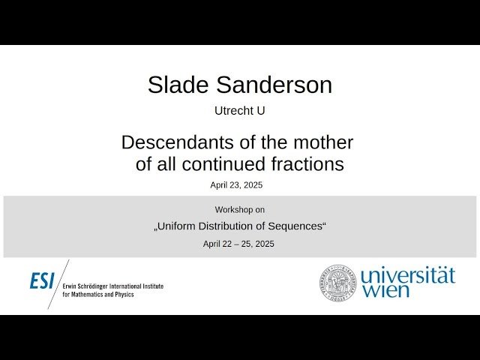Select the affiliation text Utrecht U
coord(240,110)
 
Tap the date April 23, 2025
coord(236,184)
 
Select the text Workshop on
coord(240,210)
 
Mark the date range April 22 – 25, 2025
coord(238,244)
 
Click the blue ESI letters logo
coord(42,280)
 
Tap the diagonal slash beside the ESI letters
coord(58,283)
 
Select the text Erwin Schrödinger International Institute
coord(113,286)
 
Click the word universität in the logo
coord(407,274)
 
